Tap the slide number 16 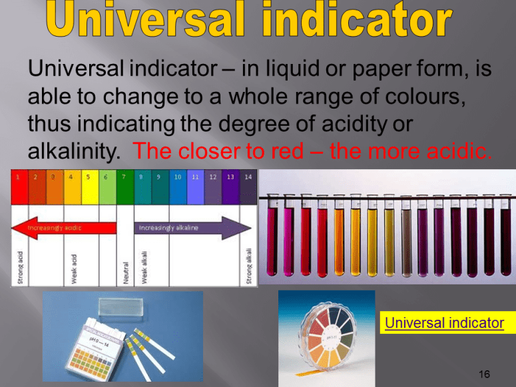pos(484,374)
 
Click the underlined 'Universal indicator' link pos(443,323)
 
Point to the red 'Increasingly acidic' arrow pos(63,227)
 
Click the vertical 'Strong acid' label pos(21,266)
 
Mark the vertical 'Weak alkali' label pos(144,267)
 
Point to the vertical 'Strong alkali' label pos(248,266)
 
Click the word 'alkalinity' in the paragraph pos(70,151)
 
